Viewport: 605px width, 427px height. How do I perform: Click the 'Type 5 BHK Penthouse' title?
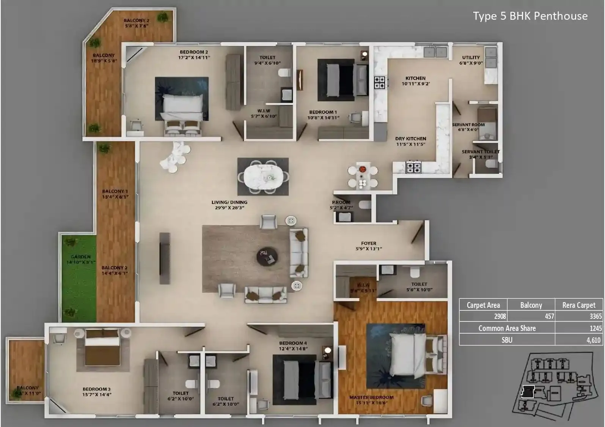(x=530, y=16)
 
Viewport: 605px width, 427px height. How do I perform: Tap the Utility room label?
(x=471, y=60)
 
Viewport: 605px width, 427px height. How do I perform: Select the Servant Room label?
(x=468, y=127)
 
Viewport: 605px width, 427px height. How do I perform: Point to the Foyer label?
(x=368, y=246)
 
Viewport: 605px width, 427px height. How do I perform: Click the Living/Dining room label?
(x=229, y=205)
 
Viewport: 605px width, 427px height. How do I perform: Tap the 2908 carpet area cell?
(x=500, y=316)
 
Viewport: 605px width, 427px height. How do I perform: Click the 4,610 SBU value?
(x=593, y=340)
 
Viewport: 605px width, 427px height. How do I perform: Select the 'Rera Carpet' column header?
(x=578, y=305)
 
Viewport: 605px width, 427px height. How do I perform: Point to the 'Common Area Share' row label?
(x=507, y=328)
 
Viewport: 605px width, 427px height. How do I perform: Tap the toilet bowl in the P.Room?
(x=365, y=205)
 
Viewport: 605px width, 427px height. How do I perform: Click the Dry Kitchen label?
(x=410, y=141)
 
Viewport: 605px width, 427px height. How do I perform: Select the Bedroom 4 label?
(x=293, y=345)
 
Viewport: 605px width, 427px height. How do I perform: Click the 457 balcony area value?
(x=549, y=316)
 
